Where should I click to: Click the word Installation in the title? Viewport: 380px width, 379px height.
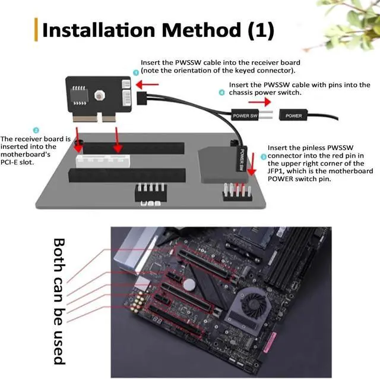pyautogui.click(x=99, y=30)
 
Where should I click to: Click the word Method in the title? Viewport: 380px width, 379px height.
pyautogui.click(x=201, y=30)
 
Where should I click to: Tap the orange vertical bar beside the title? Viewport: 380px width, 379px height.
pyautogui.click(x=36, y=30)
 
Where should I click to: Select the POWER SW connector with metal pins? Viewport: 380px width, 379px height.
pyautogui.click(x=252, y=115)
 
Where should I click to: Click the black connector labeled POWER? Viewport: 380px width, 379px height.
pyautogui.click(x=293, y=115)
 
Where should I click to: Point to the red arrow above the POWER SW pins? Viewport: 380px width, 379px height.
pyautogui.click(x=259, y=102)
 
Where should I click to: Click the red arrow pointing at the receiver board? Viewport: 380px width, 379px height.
pyautogui.click(x=147, y=84)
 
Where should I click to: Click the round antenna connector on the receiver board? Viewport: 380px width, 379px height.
pyautogui.click(x=99, y=96)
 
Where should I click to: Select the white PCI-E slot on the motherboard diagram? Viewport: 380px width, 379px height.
pyautogui.click(x=103, y=161)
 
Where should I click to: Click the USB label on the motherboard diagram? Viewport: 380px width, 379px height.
pyautogui.click(x=150, y=203)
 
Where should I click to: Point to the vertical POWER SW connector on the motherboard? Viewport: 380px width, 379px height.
pyautogui.click(x=241, y=159)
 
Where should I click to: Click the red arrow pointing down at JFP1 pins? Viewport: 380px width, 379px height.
pyautogui.click(x=252, y=164)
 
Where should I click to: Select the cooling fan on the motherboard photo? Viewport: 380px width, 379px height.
pyautogui.click(x=254, y=302)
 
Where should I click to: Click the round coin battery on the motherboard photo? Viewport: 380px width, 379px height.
pyautogui.click(x=189, y=284)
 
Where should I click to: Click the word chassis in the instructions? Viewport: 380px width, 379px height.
pyautogui.click(x=241, y=92)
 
